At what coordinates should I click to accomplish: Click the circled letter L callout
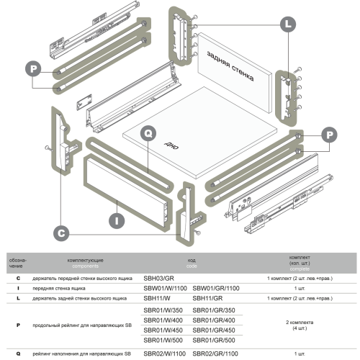(x=288, y=24)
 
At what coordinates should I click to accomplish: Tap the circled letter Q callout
(x=148, y=133)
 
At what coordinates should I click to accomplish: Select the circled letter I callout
(x=117, y=221)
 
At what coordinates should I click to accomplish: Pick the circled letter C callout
(x=61, y=233)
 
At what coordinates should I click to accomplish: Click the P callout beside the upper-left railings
(x=33, y=69)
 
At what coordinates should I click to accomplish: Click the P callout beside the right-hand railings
(x=329, y=135)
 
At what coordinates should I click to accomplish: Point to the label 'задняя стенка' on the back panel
(x=230, y=66)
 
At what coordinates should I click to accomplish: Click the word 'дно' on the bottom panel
(x=171, y=145)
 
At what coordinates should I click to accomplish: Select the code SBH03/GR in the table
(x=158, y=279)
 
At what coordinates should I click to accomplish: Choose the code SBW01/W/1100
(x=165, y=288)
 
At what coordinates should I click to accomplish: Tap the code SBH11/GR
(x=207, y=298)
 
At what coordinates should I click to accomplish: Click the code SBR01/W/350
(x=163, y=310)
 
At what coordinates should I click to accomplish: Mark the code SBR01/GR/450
(x=214, y=330)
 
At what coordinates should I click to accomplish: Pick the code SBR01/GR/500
(x=214, y=341)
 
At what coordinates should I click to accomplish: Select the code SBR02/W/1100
(x=165, y=354)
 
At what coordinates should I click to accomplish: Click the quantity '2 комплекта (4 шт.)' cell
(x=300, y=325)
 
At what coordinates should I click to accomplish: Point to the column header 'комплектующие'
(x=85, y=261)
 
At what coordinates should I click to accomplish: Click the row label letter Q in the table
(x=18, y=354)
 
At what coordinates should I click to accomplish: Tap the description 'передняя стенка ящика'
(x=59, y=289)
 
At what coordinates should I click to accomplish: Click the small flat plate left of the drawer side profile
(x=84, y=102)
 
